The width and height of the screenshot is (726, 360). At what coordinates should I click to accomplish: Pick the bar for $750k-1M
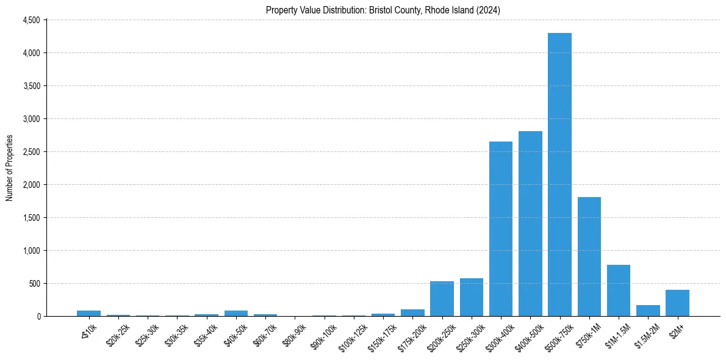tap(589, 257)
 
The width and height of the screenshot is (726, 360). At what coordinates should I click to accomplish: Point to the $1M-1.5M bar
tap(619, 290)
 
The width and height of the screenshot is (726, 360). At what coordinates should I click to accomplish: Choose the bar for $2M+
tap(677, 303)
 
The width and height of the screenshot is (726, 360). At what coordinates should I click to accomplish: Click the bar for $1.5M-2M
tap(648, 311)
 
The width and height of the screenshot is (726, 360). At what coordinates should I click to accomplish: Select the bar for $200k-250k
tap(442, 299)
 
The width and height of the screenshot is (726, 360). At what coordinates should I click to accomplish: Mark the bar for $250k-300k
tap(472, 297)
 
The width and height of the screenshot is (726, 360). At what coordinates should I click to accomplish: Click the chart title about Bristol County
tap(383, 10)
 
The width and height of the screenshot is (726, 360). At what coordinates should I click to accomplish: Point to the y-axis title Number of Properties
tap(9, 168)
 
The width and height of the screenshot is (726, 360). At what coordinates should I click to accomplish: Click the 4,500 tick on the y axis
tap(31, 20)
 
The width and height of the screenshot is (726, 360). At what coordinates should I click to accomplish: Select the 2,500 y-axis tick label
tap(31, 152)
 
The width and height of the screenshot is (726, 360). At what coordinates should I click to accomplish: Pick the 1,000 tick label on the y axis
tap(31, 251)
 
